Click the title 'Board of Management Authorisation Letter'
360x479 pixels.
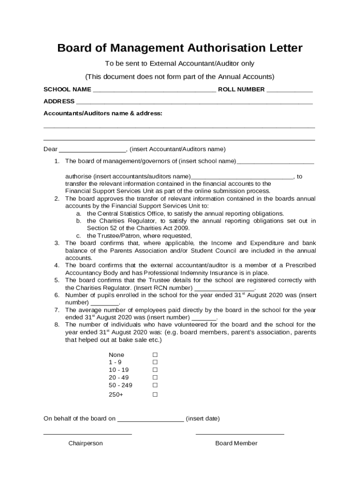180,48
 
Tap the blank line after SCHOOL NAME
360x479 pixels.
154,90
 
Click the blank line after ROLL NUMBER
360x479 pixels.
289,90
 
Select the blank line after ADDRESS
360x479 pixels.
194,102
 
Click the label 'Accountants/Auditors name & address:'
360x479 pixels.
103,113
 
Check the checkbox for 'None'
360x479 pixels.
155,355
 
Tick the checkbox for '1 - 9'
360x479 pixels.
155,363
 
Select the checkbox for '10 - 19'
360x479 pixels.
155,370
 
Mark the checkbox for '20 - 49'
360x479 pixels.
155,377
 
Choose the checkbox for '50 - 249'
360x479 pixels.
155,385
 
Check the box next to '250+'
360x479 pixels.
155,395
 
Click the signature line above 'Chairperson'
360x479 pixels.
87,434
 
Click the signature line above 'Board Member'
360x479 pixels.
239,434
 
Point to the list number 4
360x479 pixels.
57,265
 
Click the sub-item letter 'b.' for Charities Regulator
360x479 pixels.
79,221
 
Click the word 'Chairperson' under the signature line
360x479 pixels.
86,443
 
